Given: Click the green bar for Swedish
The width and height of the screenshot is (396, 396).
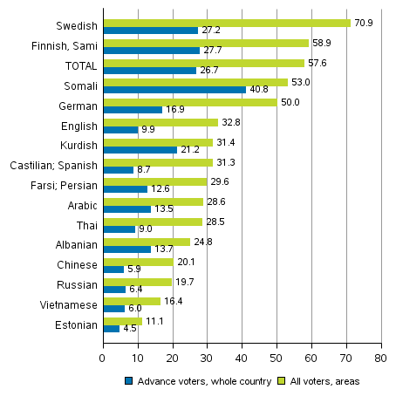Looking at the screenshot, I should click(226, 23).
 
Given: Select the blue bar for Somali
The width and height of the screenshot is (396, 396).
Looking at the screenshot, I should click(174, 89).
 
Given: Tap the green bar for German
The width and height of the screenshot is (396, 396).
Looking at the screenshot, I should click(189, 102).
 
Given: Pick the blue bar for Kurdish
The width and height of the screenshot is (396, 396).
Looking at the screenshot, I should click(140, 149).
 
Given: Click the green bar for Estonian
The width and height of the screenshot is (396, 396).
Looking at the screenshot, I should click(122, 320).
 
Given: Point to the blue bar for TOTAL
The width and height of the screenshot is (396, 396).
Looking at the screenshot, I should click(149, 70).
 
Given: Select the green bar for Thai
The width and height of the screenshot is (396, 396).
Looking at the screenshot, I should click(152, 222).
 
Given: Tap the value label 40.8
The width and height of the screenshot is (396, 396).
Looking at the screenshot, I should click(258, 90).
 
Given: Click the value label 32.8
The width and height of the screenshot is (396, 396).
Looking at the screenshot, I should click(230, 122).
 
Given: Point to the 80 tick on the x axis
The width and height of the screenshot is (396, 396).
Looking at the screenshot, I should click(380, 357).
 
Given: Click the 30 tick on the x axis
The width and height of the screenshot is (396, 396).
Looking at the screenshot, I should click(207, 357).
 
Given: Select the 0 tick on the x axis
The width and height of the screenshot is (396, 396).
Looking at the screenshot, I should click(103, 357).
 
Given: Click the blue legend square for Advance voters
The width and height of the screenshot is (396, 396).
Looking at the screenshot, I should click(127, 380).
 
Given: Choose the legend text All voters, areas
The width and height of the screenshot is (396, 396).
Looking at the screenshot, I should click(324, 380).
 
